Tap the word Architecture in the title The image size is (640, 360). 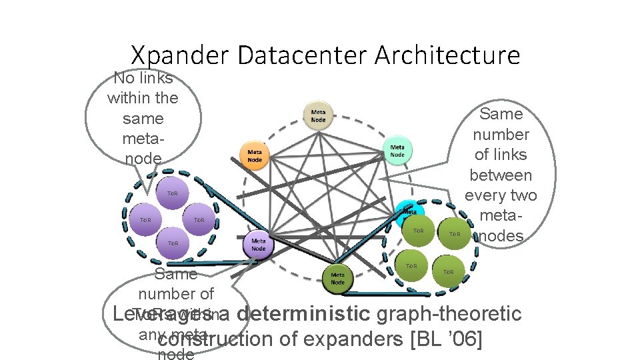[x=447, y=55]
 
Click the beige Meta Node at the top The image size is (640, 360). [x=319, y=116]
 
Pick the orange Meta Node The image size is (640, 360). [x=255, y=156]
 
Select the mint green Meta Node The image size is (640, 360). [x=397, y=151]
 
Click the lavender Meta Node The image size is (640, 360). [x=259, y=244]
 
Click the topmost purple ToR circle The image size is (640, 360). [x=172, y=193]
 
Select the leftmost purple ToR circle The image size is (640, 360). [x=145, y=220]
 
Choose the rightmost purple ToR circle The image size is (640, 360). [x=198, y=220]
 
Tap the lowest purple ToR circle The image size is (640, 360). [x=172, y=244]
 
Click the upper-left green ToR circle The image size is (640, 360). [x=419, y=230]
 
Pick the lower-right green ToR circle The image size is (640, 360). [x=448, y=271]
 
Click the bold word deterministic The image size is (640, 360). [x=302, y=313]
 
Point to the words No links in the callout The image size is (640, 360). [x=143, y=77]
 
